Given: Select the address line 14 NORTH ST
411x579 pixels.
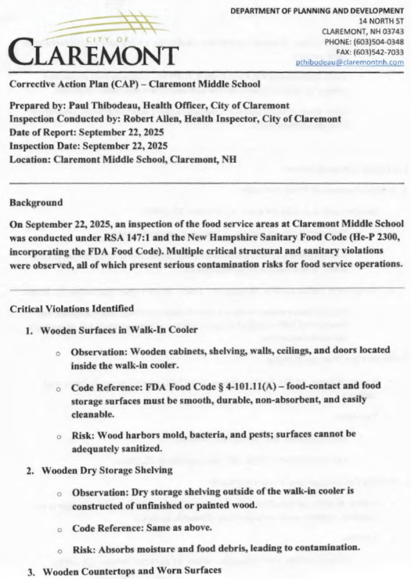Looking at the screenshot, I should coord(381,21).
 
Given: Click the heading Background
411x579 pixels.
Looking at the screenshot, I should coord(36,203).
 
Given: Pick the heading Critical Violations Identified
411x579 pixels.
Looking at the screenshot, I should coord(72,309).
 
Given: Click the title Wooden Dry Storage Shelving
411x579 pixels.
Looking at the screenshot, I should coord(107,471).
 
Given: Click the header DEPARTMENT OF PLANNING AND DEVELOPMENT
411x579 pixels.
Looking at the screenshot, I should coord(317,10).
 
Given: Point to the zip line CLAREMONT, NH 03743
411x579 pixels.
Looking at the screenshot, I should coord(363,31).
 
